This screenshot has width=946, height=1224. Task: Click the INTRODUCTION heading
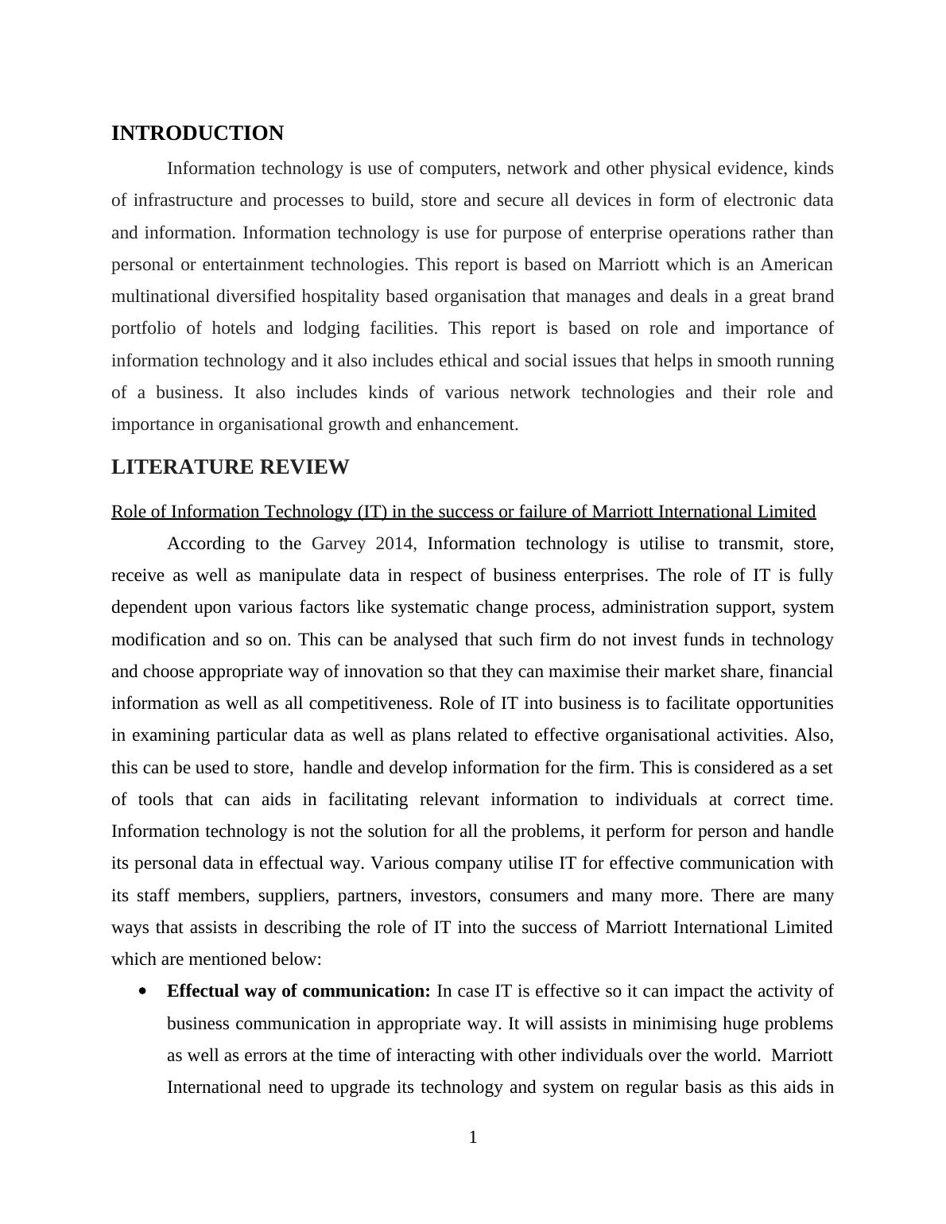tap(197, 134)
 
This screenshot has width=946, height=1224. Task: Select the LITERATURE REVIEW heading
tap(230, 467)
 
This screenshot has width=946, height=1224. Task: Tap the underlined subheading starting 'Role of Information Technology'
tap(463, 512)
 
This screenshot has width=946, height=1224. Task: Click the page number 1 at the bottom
tap(473, 1137)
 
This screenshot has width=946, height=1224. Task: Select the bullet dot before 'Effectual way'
tap(142, 991)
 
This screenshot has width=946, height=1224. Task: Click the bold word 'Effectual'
tap(202, 991)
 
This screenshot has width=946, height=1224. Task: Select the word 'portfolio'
tap(144, 328)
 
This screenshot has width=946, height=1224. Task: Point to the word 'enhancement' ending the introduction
tap(472, 424)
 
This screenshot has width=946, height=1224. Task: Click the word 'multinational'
tap(161, 296)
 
